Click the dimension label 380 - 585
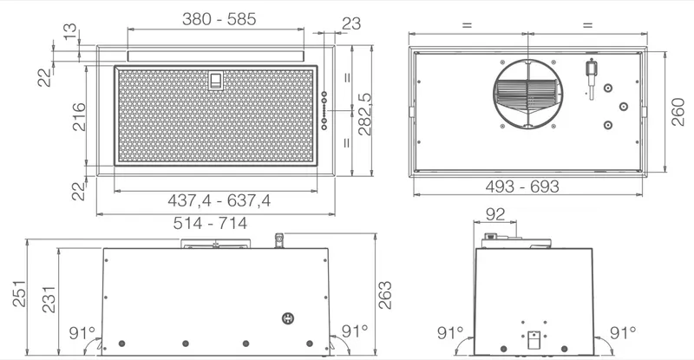coord(219,19)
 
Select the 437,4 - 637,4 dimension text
coord(219,200)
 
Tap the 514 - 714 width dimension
coord(210,223)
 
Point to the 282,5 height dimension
coord(364,114)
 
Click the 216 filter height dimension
coord(79,116)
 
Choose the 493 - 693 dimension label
coord(522,187)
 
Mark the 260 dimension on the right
coord(678,112)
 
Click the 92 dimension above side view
coord(494,214)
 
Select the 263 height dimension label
coord(384,295)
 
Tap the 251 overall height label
coord(19,293)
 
